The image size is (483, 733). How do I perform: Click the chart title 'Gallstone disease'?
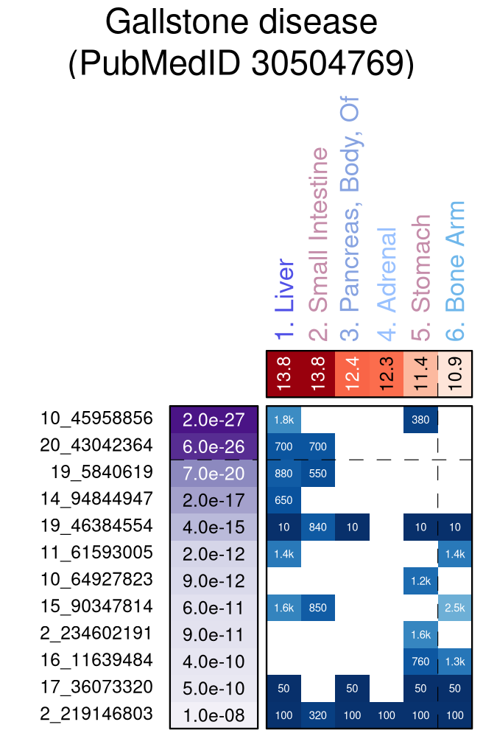pyautogui.click(x=241, y=24)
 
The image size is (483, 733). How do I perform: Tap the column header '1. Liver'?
pyautogui.click(x=284, y=301)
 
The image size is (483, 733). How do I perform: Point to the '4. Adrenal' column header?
pyautogui.click(x=387, y=284)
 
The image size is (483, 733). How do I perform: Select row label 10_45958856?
pyautogui.click(x=96, y=418)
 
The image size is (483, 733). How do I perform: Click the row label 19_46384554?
pyautogui.click(x=96, y=526)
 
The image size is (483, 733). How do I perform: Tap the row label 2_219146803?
pyautogui.click(x=96, y=714)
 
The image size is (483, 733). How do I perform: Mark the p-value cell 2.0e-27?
pyautogui.click(x=213, y=419)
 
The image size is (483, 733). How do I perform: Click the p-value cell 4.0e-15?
pyautogui.click(x=213, y=527)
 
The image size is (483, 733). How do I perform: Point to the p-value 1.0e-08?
pyautogui.click(x=213, y=715)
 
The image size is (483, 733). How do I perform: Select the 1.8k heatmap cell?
pyautogui.click(x=283, y=419)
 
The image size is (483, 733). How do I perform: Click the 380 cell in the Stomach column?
pyautogui.click(x=420, y=419)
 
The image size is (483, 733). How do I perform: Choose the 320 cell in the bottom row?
pyautogui.click(x=318, y=715)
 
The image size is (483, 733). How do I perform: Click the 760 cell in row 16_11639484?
pyautogui.click(x=420, y=661)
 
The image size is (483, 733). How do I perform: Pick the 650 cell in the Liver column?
pyautogui.click(x=283, y=499)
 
